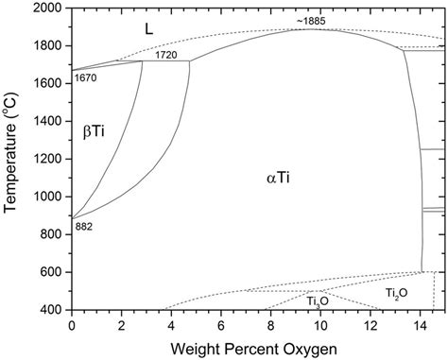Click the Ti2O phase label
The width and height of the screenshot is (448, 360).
(396, 294)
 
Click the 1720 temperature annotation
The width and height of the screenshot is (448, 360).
(166, 55)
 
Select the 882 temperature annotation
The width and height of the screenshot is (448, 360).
(84, 227)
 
